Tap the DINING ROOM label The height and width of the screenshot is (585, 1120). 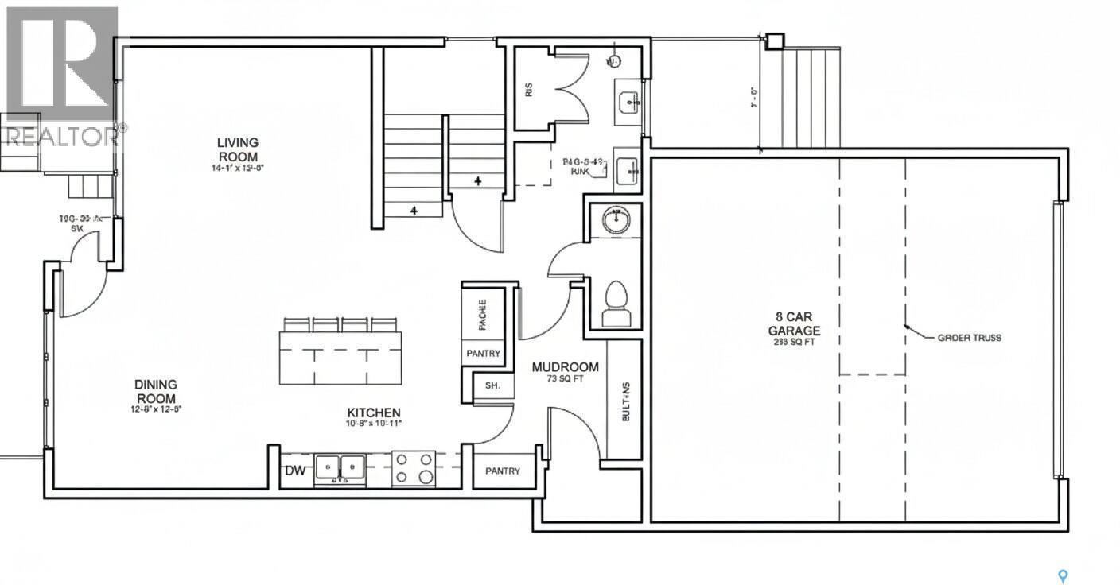coord(155,391)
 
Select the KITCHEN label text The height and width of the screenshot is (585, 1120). coord(373,413)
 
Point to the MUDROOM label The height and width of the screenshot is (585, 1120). coord(565,367)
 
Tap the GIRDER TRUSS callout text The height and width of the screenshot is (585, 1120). coord(969,337)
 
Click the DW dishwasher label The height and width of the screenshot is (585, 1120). coord(295,471)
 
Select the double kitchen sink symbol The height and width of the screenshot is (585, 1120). coord(340,468)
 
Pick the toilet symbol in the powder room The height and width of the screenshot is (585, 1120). coord(616,306)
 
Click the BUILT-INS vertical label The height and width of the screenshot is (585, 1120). coord(626,401)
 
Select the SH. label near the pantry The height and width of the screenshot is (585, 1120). coord(492,386)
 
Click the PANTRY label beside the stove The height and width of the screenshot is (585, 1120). coord(503,471)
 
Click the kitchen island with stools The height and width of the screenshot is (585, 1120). coord(340,356)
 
